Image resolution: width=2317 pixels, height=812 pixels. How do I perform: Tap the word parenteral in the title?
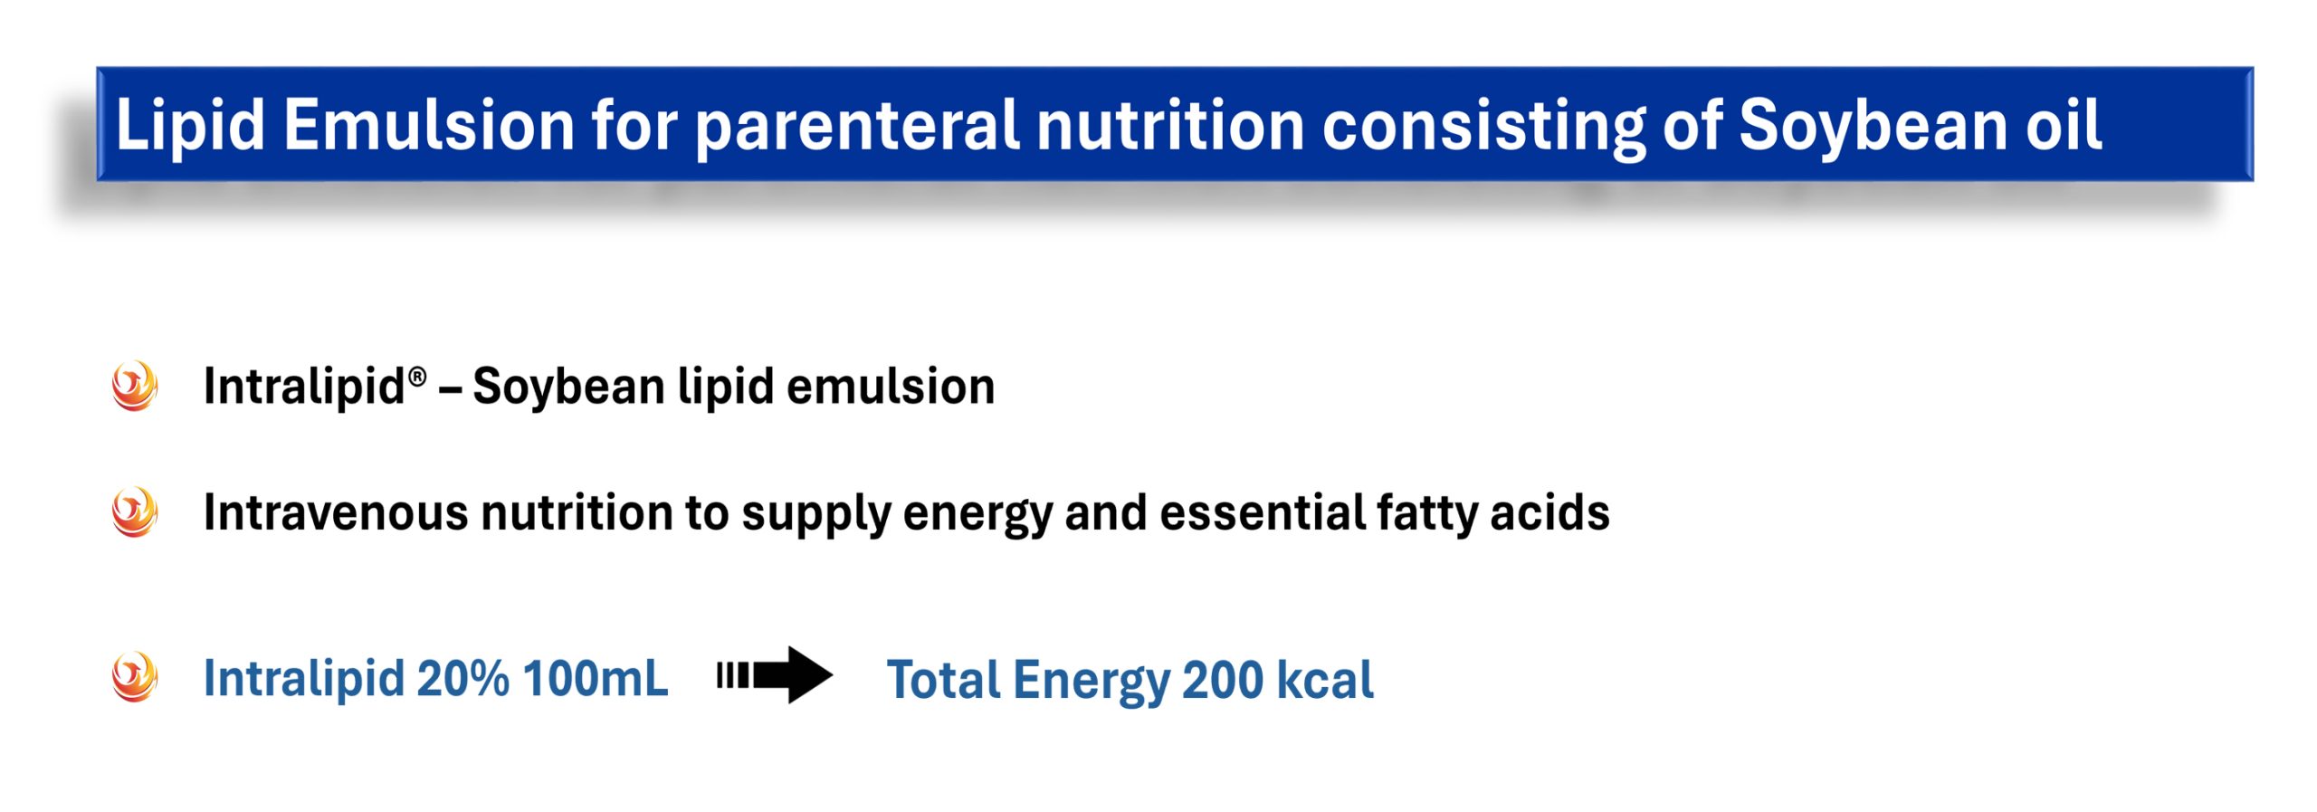pyautogui.click(x=856, y=127)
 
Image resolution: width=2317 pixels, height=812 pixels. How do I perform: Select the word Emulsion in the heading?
pyautogui.click(x=429, y=125)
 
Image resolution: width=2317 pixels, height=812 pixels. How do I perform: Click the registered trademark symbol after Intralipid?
pyautogui.click(x=417, y=377)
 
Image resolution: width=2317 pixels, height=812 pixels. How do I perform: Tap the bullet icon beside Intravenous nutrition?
pyautogui.click(x=135, y=512)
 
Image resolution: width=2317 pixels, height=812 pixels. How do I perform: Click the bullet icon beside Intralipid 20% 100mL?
pyautogui.click(x=135, y=677)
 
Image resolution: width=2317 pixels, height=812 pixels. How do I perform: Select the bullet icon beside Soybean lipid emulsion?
pyautogui.click(x=135, y=386)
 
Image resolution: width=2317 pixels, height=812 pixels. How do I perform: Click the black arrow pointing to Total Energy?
pyautogui.click(x=774, y=675)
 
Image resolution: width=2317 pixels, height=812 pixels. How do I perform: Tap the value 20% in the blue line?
pyautogui.click(x=463, y=678)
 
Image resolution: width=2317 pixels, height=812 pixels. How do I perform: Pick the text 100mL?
pyautogui.click(x=596, y=678)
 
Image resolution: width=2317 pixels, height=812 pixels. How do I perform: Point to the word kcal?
pyautogui.click(x=1325, y=680)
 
